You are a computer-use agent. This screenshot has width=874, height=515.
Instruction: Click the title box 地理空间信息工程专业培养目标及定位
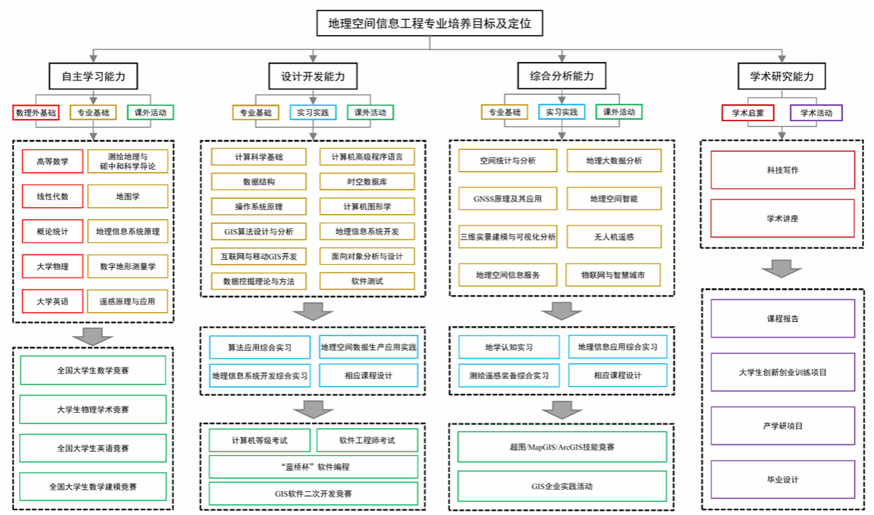coord(429,23)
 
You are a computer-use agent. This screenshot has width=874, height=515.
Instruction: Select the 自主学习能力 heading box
coord(93,76)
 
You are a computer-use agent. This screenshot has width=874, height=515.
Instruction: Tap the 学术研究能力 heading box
coord(782,76)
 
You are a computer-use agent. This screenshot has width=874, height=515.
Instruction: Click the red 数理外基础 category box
coord(36,113)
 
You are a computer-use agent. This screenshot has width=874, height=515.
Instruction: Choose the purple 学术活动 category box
coord(816,113)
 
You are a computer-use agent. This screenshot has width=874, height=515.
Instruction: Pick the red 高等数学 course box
coord(53,161)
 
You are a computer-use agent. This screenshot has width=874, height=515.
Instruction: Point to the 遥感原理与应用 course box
coord(128,302)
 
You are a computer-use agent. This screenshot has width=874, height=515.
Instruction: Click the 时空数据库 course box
coord(367,182)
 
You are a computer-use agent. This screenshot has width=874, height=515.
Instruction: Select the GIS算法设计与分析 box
coord(259,232)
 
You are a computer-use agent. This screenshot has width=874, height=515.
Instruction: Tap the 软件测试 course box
coord(367,281)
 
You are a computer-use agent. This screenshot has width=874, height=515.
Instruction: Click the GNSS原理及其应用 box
coord(507,199)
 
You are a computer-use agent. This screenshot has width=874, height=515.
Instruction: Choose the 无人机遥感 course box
coord(614,237)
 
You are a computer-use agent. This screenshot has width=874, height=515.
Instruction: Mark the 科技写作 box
coord(782,170)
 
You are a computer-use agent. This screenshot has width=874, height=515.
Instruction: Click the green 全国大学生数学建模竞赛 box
coord(93,487)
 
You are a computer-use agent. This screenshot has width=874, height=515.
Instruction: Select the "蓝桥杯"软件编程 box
coord(314,466)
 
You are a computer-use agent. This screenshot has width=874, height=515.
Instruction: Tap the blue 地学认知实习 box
coord(509,347)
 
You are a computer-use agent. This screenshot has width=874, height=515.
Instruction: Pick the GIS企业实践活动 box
coord(562,486)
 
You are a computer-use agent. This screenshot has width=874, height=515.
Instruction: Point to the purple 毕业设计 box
coord(782,480)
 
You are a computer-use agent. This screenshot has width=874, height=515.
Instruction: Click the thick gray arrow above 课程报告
coord(782,268)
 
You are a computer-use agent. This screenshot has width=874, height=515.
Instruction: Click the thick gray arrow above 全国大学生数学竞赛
coord(93,336)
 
